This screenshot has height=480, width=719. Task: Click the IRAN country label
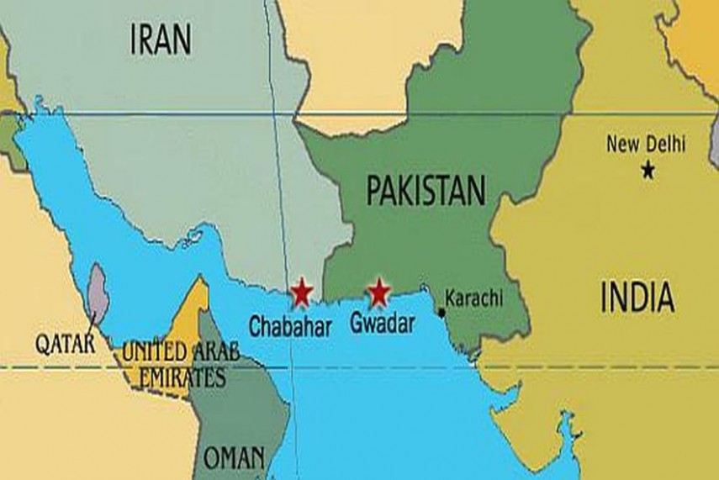point(161,39)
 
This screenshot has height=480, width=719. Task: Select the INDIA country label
point(637,298)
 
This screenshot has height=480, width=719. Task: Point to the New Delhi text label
point(646,144)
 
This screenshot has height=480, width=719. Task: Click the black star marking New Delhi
point(648,171)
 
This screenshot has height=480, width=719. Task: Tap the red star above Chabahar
point(300,293)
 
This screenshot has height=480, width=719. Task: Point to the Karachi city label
point(473,297)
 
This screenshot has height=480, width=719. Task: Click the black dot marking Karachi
point(441,313)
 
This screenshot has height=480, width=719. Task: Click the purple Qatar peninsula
point(98,294)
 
